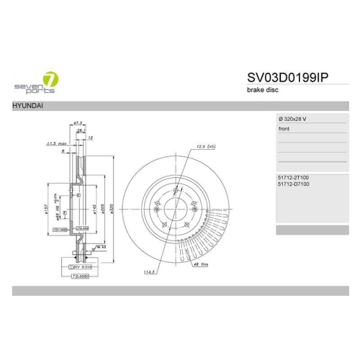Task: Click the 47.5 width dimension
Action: (78, 123)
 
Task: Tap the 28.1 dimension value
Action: (82, 130)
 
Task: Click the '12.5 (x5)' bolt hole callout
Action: (205, 146)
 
